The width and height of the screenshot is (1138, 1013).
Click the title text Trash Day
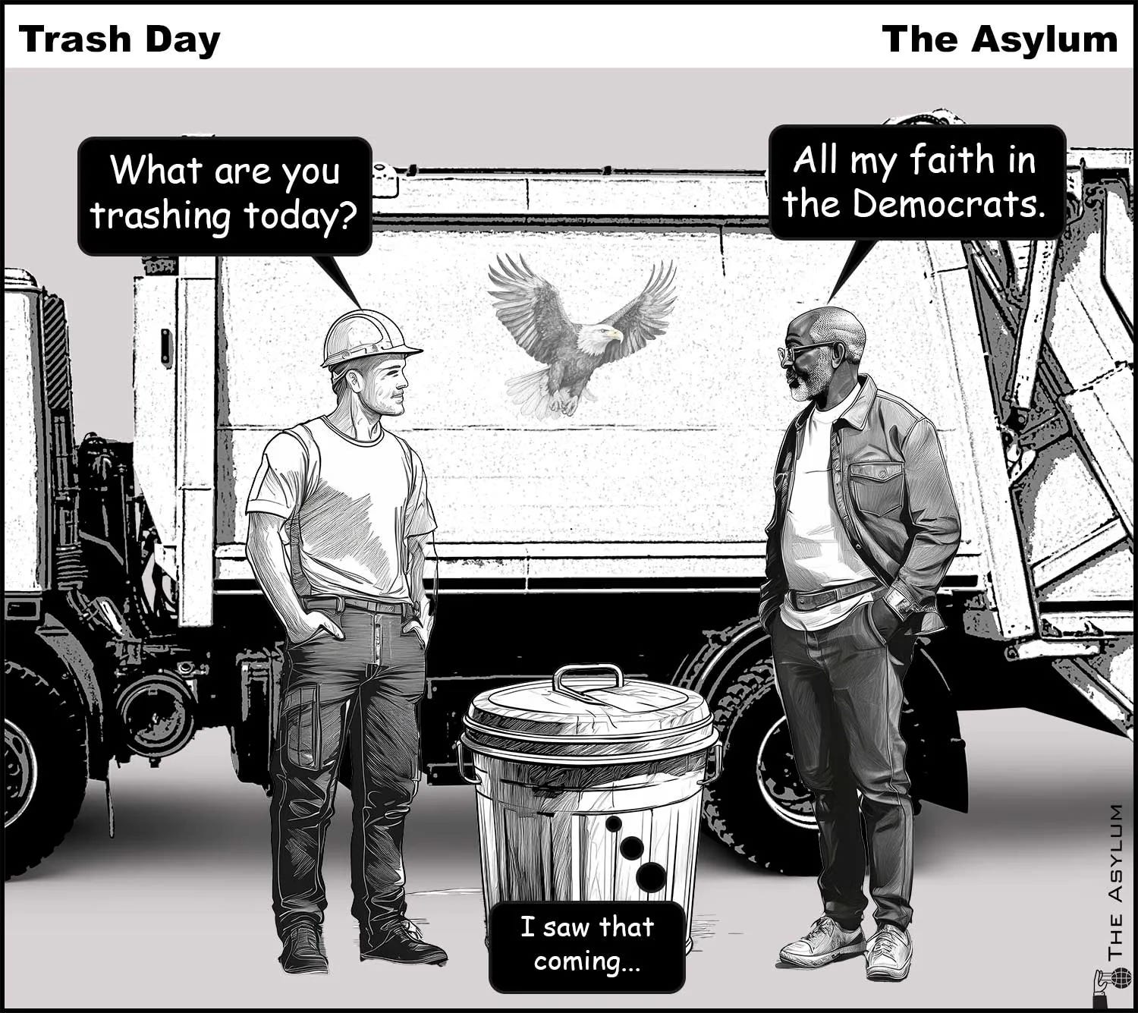click(x=119, y=40)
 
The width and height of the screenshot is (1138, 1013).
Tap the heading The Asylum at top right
click(x=1000, y=40)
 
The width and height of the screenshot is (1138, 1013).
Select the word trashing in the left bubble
click(x=161, y=215)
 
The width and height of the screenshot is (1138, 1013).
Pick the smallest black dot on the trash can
click(x=614, y=823)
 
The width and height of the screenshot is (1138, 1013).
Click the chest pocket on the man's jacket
click(x=876, y=489)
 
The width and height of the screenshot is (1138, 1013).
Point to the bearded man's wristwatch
click(x=900, y=603)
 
